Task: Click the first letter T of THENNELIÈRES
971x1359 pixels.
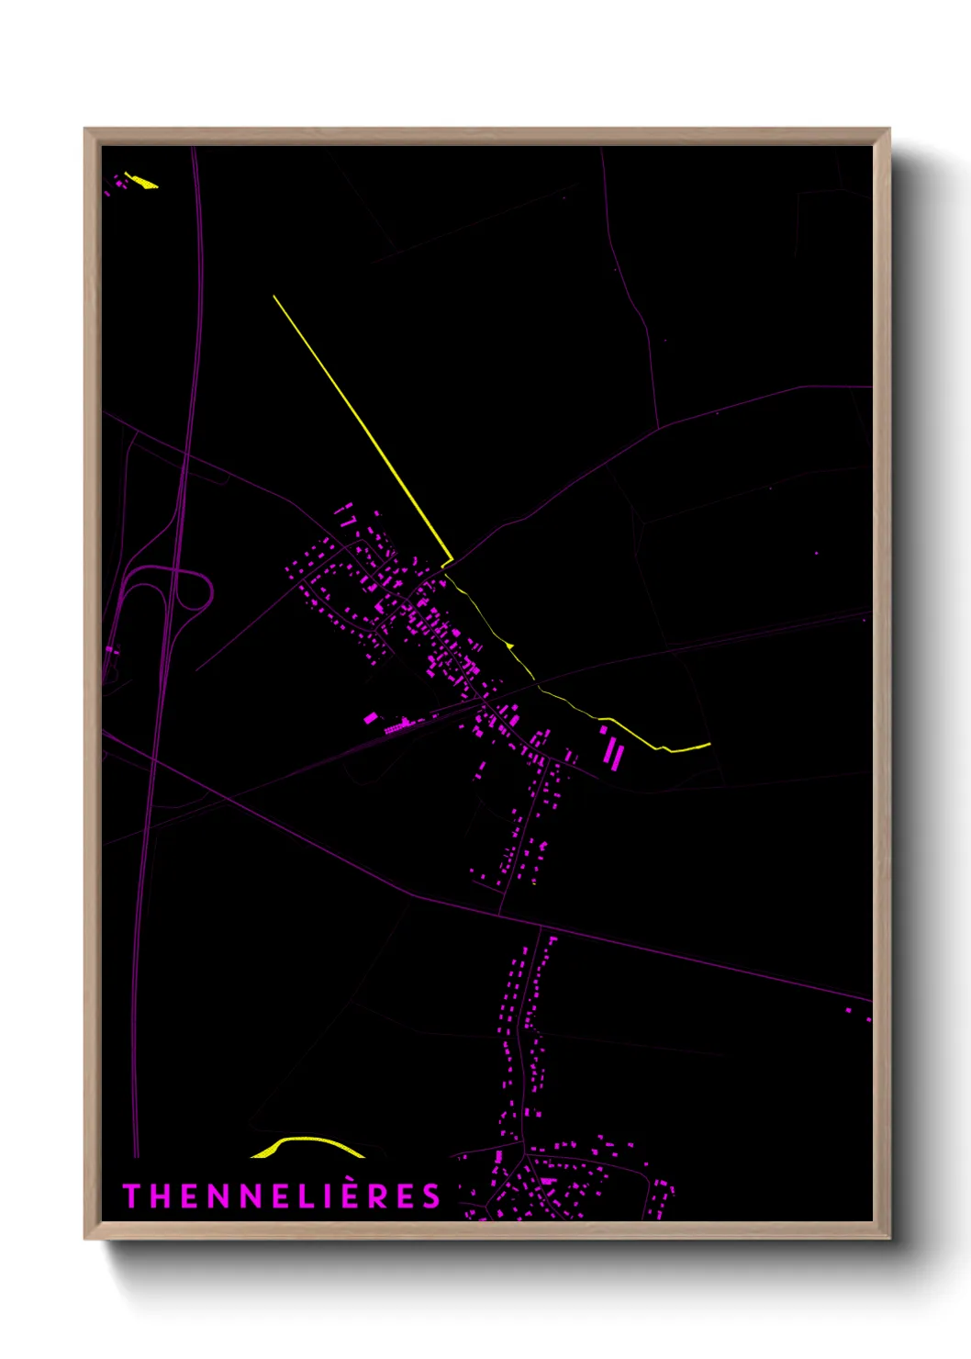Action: (131, 1196)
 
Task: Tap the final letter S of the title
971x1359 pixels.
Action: (431, 1196)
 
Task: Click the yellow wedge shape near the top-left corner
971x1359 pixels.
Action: (142, 181)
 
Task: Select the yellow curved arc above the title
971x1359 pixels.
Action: (307, 1143)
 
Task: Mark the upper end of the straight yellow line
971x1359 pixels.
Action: (273, 296)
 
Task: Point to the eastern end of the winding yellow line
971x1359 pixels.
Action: (709, 745)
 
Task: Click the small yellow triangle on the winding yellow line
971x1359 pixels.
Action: (509, 646)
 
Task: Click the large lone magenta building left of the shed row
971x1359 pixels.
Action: (371, 718)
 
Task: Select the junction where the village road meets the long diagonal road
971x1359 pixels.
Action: (500, 914)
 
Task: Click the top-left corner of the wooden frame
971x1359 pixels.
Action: (85, 129)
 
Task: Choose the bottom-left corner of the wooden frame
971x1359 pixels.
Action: (85, 1238)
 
